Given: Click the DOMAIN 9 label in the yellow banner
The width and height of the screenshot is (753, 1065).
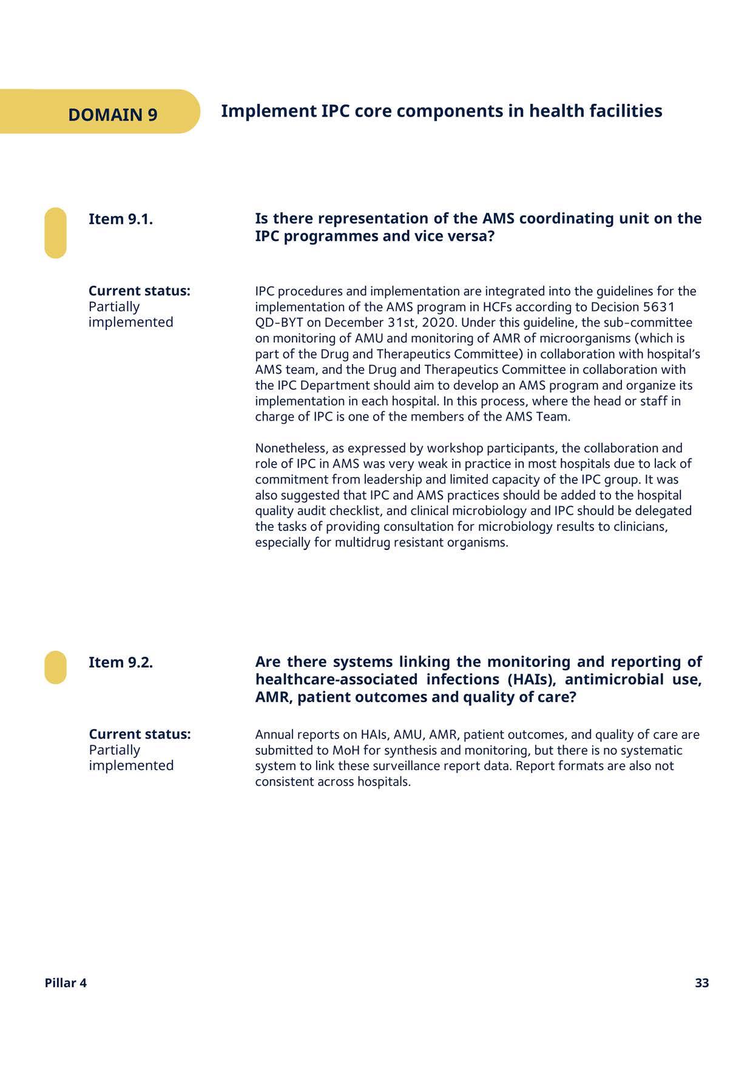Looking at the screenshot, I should coord(112,115).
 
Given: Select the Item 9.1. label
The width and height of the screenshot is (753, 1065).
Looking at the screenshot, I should coord(120,219).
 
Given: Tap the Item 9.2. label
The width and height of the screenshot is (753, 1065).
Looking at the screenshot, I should coord(120,662).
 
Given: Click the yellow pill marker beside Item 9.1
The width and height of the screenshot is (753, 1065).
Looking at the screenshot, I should coord(55,233).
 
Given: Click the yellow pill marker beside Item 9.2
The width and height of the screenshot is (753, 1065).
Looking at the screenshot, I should coord(55,668).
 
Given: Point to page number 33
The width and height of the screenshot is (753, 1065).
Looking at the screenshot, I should coord(701,983).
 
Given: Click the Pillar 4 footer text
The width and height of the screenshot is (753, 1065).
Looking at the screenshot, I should coord(66,983).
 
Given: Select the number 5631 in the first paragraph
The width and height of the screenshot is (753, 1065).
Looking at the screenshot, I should coord(658,307).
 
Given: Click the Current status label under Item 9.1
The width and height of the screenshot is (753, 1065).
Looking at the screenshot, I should coord(139,291).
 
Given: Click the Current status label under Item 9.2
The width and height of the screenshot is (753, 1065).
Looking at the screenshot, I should coord(139,734).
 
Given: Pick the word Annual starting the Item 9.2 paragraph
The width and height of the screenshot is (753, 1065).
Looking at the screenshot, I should coord(274,735).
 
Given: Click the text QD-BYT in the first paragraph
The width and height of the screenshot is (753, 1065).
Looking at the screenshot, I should coord(279,323).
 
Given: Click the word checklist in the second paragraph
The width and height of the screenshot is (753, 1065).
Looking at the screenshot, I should coord(339,511).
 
